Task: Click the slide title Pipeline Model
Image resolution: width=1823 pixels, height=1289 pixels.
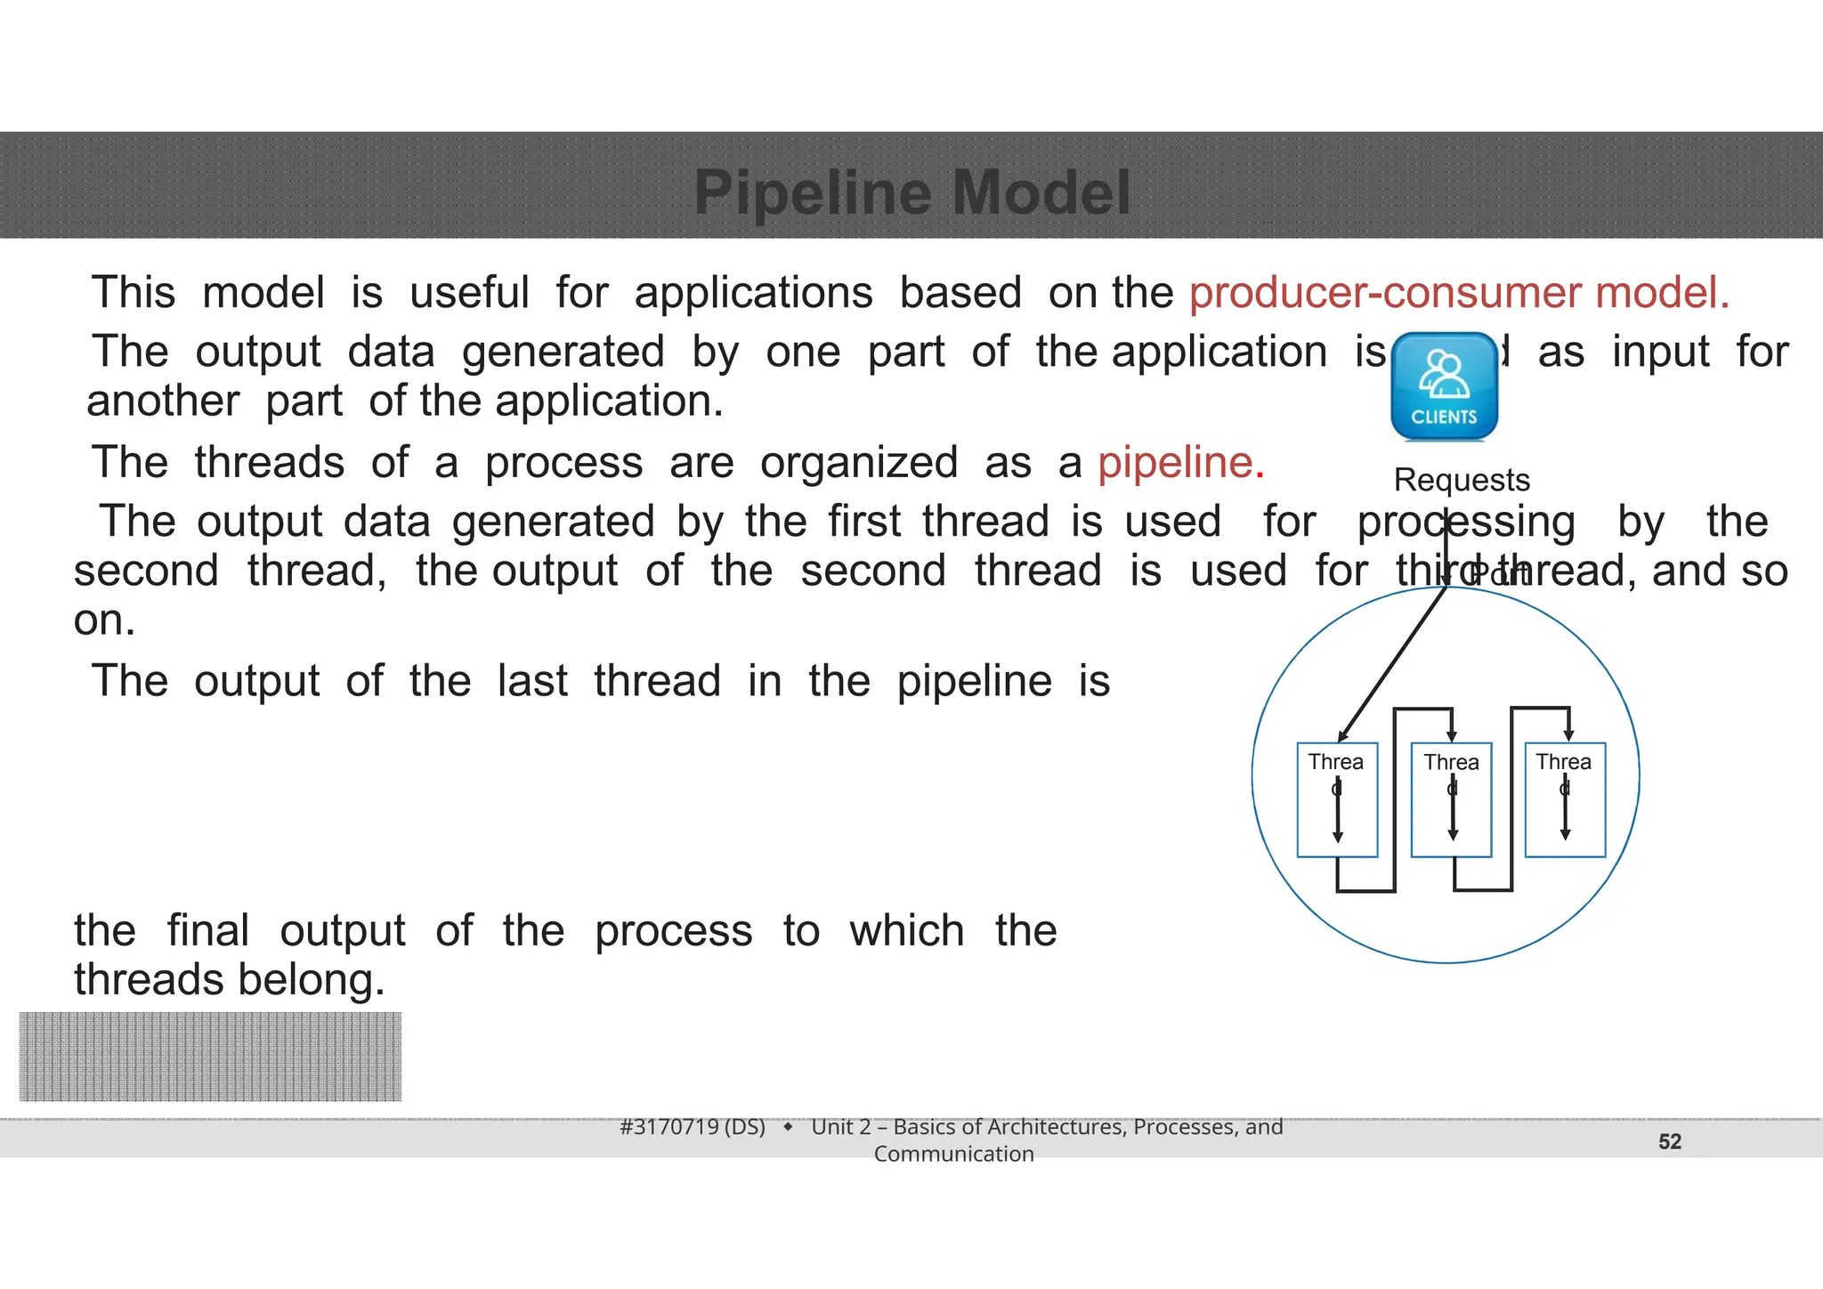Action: (911, 192)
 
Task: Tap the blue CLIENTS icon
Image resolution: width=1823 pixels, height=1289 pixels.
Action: (1444, 386)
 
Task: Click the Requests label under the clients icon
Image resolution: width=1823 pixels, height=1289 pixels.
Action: (1462, 480)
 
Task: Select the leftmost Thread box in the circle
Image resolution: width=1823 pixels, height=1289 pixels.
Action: (1337, 799)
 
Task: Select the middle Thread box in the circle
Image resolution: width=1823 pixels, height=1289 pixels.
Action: (1451, 799)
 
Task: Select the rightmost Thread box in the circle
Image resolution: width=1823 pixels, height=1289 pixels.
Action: (1565, 799)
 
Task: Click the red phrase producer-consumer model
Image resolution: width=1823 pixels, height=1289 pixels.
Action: (1459, 293)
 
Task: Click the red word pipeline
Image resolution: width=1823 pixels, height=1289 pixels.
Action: (1179, 463)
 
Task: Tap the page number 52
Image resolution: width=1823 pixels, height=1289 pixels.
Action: (1670, 1141)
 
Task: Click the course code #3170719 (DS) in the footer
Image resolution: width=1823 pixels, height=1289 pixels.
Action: (693, 1127)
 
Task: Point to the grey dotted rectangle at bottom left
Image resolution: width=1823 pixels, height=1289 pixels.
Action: (210, 1057)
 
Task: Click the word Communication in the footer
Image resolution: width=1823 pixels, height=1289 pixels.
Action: (953, 1154)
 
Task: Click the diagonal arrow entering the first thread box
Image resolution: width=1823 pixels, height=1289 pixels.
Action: (1393, 662)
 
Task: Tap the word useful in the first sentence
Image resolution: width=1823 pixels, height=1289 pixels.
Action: (469, 293)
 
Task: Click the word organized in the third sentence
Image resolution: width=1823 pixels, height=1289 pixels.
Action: (858, 463)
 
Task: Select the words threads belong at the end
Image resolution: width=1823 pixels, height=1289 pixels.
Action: (230, 980)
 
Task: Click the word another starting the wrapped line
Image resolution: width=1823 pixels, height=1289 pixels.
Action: (163, 401)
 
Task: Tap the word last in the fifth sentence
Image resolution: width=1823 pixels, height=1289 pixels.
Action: (531, 681)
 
